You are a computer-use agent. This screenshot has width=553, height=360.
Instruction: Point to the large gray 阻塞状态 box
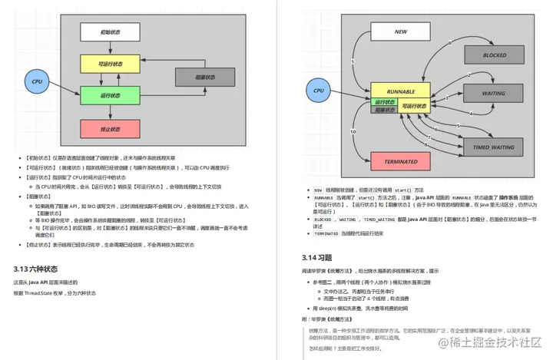click(x=203, y=77)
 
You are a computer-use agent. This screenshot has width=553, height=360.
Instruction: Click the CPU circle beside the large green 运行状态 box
click(x=36, y=81)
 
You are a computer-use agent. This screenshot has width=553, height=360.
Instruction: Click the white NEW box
click(x=400, y=32)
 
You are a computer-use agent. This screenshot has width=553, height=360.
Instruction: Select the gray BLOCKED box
click(x=494, y=55)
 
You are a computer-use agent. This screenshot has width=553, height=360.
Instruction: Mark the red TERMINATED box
click(x=400, y=162)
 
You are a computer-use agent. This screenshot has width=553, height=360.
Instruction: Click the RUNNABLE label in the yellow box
click(x=400, y=91)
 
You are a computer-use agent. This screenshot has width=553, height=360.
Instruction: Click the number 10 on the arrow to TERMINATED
click(x=353, y=132)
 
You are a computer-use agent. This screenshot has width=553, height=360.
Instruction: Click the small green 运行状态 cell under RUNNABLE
click(x=383, y=101)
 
